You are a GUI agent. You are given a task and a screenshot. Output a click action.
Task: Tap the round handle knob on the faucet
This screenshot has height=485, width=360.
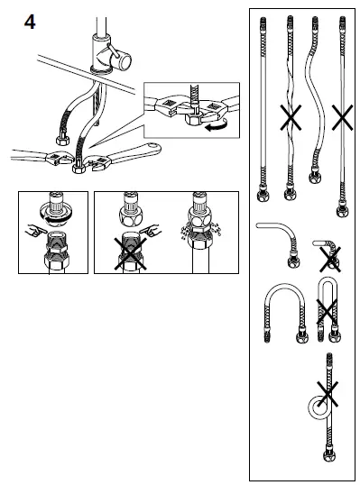pyautogui.click(x=121, y=59)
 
